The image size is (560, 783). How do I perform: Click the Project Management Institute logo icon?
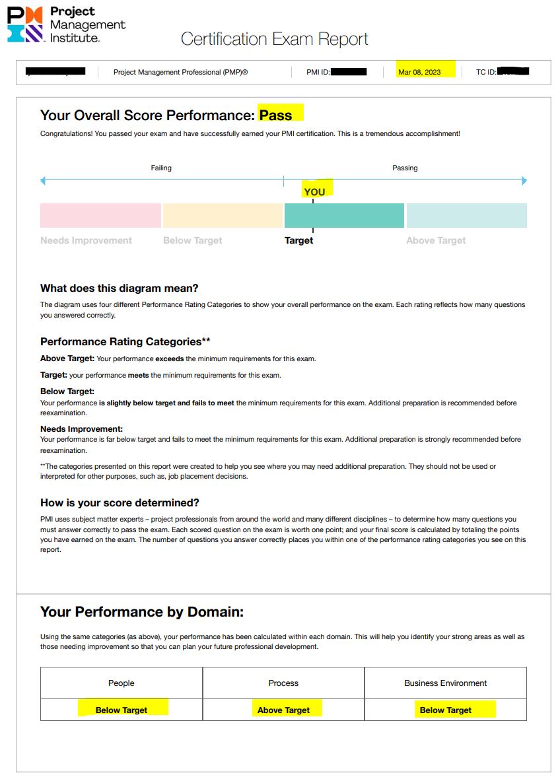(x=25, y=24)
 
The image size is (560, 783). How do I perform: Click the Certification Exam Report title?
(x=274, y=39)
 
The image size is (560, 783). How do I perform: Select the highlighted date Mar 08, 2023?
(x=419, y=72)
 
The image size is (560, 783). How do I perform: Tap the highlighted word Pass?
(x=275, y=116)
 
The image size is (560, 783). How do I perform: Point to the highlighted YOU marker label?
(x=314, y=191)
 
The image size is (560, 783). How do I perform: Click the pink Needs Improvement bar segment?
(x=100, y=215)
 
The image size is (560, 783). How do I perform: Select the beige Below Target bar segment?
(x=223, y=215)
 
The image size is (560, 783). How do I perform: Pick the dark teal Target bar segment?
(x=344, y=215)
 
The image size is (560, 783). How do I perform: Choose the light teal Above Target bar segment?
(x=466, y=215)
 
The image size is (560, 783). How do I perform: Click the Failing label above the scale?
(x=161, y=168)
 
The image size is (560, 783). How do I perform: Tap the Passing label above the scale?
(x=405, y=168)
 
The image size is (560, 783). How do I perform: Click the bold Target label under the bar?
(x=298, y=240)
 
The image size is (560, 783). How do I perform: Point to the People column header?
(x=122, y=683)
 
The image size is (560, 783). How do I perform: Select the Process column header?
(x=283, y=683)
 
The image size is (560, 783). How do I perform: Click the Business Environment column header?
(x=446, y=683)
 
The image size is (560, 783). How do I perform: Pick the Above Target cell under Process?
(x=283, y=710)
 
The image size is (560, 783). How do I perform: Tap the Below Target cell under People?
(x=122, y=710)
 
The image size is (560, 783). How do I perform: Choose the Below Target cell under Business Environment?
(x=446, y=710)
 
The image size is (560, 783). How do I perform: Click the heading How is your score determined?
(x=120, y=502)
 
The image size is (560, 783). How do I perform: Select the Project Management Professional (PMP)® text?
(x=181, y=72)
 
